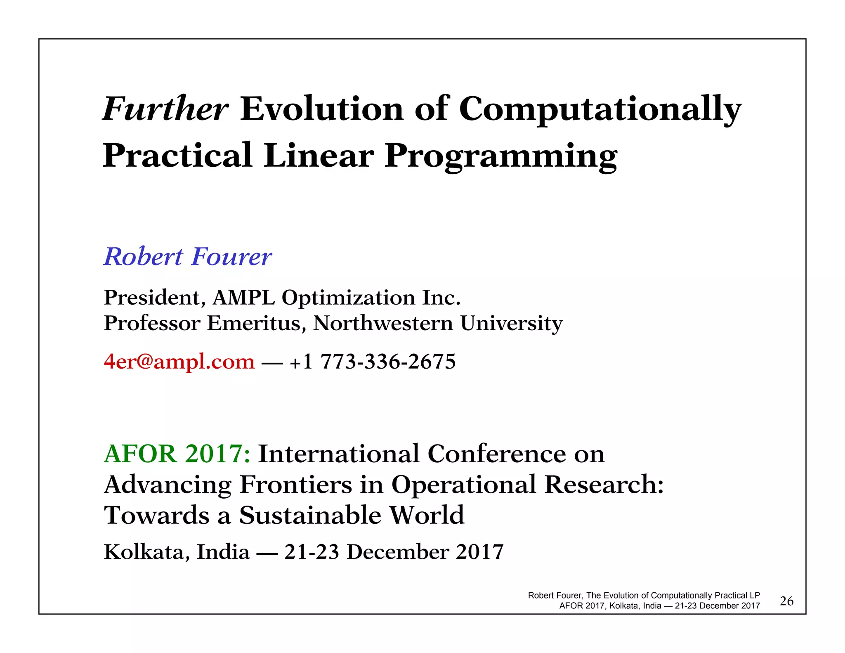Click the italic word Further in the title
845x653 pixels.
click(x=165, y=109)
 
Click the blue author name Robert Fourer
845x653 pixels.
click(x=188, y=257)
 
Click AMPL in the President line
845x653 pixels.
click(x=243, y=298)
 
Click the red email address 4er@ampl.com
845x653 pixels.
click(x=179, y=362)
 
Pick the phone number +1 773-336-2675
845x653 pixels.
click(x=373, y=362)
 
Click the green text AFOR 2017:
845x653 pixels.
click(x=177, y=454)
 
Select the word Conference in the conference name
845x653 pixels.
click(x=496, y=454)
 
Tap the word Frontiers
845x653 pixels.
click(x=295, y=485)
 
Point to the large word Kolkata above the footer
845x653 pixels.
click(x=147, y=552)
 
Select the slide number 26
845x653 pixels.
click(x=786, y=601)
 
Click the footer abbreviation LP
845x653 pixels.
click(x=755, y=596)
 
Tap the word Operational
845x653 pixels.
click(x=463, y=485)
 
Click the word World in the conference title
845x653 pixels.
click(x=427, y=516)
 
